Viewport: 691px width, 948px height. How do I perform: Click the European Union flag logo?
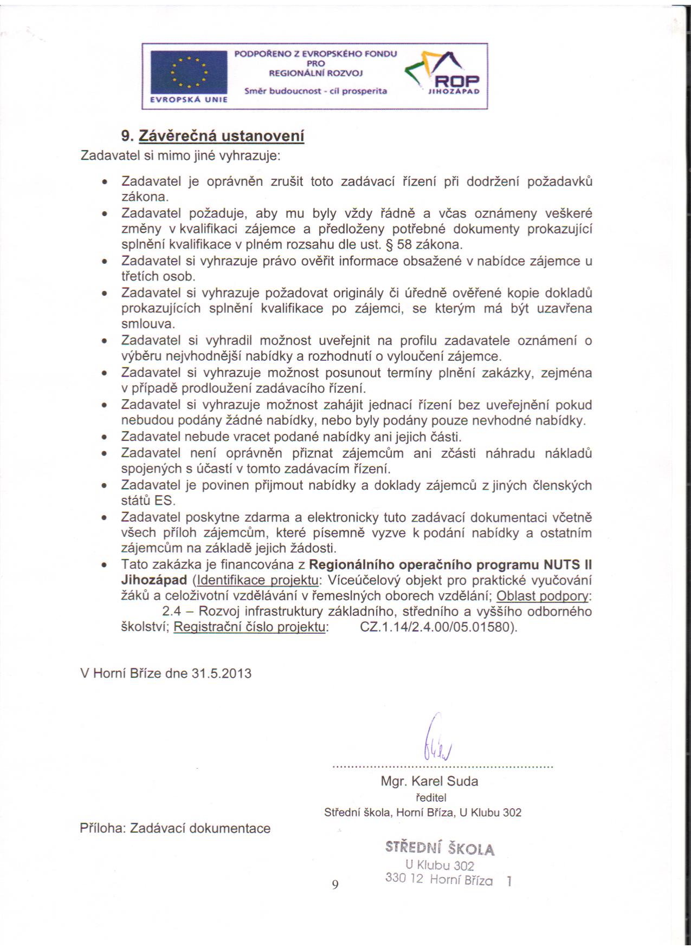(188, 73)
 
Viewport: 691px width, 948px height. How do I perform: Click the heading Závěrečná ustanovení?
(222, 136)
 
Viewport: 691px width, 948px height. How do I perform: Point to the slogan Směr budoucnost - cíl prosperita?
(315, 91)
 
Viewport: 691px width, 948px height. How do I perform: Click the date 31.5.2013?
(222, 673)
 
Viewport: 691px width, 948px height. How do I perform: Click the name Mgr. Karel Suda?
(429, 781)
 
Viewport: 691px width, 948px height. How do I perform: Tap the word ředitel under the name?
(430, 797)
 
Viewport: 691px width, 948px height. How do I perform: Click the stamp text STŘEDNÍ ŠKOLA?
(440, 848)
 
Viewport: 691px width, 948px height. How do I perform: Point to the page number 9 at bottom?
(335, 885)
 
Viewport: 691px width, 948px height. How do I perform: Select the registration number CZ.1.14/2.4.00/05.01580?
(438, 628)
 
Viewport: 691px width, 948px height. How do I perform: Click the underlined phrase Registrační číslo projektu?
(250, 628)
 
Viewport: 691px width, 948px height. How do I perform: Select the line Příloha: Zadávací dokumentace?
(175, 828)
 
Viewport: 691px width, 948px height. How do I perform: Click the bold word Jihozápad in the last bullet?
(154, 580)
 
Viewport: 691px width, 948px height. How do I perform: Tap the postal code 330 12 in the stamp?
(404, 878)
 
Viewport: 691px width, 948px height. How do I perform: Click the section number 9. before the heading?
(127, 136)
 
